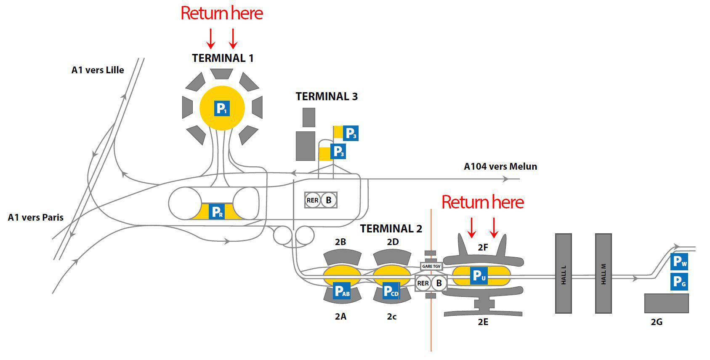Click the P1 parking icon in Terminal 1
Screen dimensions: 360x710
point(222,108)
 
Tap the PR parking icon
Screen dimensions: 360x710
point(217,212)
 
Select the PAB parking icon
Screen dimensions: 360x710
point(341,291)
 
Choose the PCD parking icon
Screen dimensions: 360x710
point(391,291)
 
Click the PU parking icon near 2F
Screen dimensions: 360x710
point(479,276)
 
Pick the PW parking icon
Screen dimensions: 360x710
point(679,262)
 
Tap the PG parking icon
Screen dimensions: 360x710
point(679,281)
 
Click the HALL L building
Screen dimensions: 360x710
point(564,274)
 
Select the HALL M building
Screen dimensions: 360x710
point(603,274)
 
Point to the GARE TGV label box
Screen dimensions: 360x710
point(431,266)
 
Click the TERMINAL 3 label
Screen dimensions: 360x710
point(327,96)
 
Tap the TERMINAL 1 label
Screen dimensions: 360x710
point(223,58)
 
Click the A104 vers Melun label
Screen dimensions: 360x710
point(500,166)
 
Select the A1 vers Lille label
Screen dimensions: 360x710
point(98,70)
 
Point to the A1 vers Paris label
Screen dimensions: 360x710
point(36,217)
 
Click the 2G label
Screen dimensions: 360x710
point(657,322)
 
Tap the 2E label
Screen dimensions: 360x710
point(483,322)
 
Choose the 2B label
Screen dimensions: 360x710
point(340,242)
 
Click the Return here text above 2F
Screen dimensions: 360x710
point(482,203)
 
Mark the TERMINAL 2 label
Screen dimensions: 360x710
point(391,229)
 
